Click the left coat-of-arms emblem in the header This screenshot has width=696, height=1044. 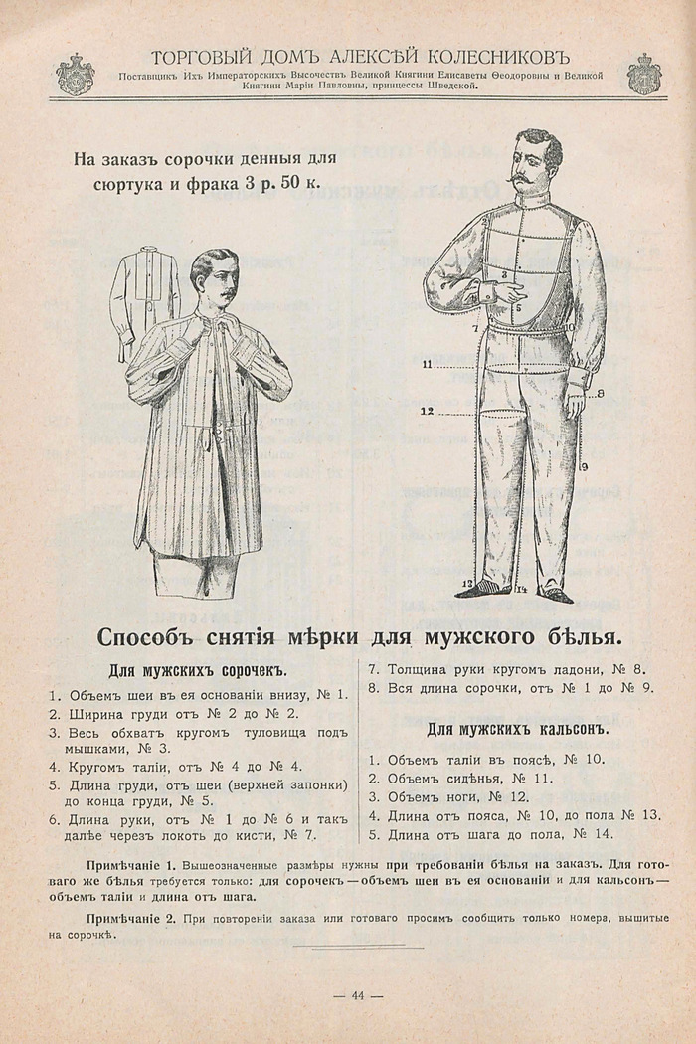coord(76,74)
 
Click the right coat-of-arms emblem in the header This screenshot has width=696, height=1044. coord(643,74)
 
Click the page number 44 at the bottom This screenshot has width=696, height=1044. coord(357,997)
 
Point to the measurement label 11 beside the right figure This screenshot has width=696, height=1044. coord(427,365)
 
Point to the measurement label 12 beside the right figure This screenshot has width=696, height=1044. coord(427,410)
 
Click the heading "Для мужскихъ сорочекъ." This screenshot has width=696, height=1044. coord(197,669)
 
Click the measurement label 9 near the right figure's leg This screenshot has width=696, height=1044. coord(584,465)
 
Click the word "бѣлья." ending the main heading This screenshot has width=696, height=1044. coord(585,635)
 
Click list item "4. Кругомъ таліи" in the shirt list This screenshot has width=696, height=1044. coord(176,766)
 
